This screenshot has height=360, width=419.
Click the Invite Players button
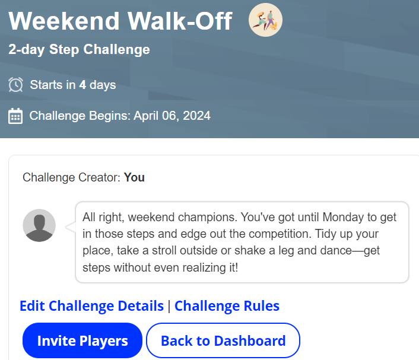click(x=82, y=341)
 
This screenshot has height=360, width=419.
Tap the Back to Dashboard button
click(x=223, y=341)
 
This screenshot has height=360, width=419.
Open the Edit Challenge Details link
click(x=91, y=306)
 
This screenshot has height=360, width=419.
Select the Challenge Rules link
click(x=227, y=306)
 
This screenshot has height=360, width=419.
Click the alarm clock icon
click(x=16, y=85)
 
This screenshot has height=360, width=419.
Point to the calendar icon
click(x=16, y=116)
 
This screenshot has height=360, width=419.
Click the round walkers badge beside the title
click(x=265, y=20)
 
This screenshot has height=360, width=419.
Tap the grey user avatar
click(x=39, y=225)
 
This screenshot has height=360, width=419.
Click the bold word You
click(x=134, y=177)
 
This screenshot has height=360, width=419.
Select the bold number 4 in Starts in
click(x=82, y=85)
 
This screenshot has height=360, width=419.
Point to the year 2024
click(x=196, y=116)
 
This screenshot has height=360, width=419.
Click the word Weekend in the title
click(x=64, y=21)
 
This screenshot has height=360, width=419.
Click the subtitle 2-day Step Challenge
click(x=79, y=49)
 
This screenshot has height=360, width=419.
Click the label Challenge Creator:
click(x=72, y=177)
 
